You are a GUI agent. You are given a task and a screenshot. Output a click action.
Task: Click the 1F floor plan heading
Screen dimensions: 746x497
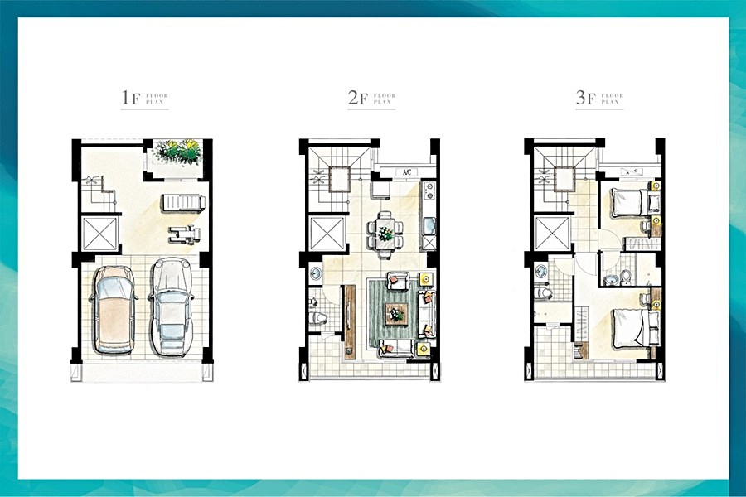pos(144,98)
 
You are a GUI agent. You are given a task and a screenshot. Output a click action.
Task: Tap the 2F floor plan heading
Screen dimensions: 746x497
pos(371,98)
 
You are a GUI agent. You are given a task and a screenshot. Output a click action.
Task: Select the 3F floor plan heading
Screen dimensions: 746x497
pos(599,98)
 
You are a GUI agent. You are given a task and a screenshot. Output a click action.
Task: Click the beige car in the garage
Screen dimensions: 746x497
pos(114,310)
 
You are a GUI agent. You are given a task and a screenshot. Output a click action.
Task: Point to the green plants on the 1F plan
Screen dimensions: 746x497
pos(177,152)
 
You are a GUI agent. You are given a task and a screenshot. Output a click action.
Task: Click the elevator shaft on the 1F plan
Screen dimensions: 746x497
pos(100,234)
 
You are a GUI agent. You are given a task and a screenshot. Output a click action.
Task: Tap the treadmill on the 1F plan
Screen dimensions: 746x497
pos(183,202)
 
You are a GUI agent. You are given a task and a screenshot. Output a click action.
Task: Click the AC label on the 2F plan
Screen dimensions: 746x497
pos(407,172)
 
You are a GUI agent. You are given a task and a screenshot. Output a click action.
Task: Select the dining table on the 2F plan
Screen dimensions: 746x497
pos(385,233)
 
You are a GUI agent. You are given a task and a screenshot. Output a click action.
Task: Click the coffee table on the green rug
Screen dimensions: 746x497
pos(396,313)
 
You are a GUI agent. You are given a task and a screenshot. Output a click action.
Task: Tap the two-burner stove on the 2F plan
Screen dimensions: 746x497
pos(429,191)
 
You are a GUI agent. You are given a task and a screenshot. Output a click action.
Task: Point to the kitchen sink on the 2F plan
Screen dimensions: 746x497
pos(429,224)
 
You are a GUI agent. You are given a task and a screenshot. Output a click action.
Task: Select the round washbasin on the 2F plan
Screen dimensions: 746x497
pos(316,273)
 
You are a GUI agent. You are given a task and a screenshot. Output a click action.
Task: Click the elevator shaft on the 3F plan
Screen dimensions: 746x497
pos(552,233)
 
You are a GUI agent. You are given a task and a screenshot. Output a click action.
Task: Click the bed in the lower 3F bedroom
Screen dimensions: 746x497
pos(632,329)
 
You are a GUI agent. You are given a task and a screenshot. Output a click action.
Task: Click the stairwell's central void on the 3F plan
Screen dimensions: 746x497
pos(564,179)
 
